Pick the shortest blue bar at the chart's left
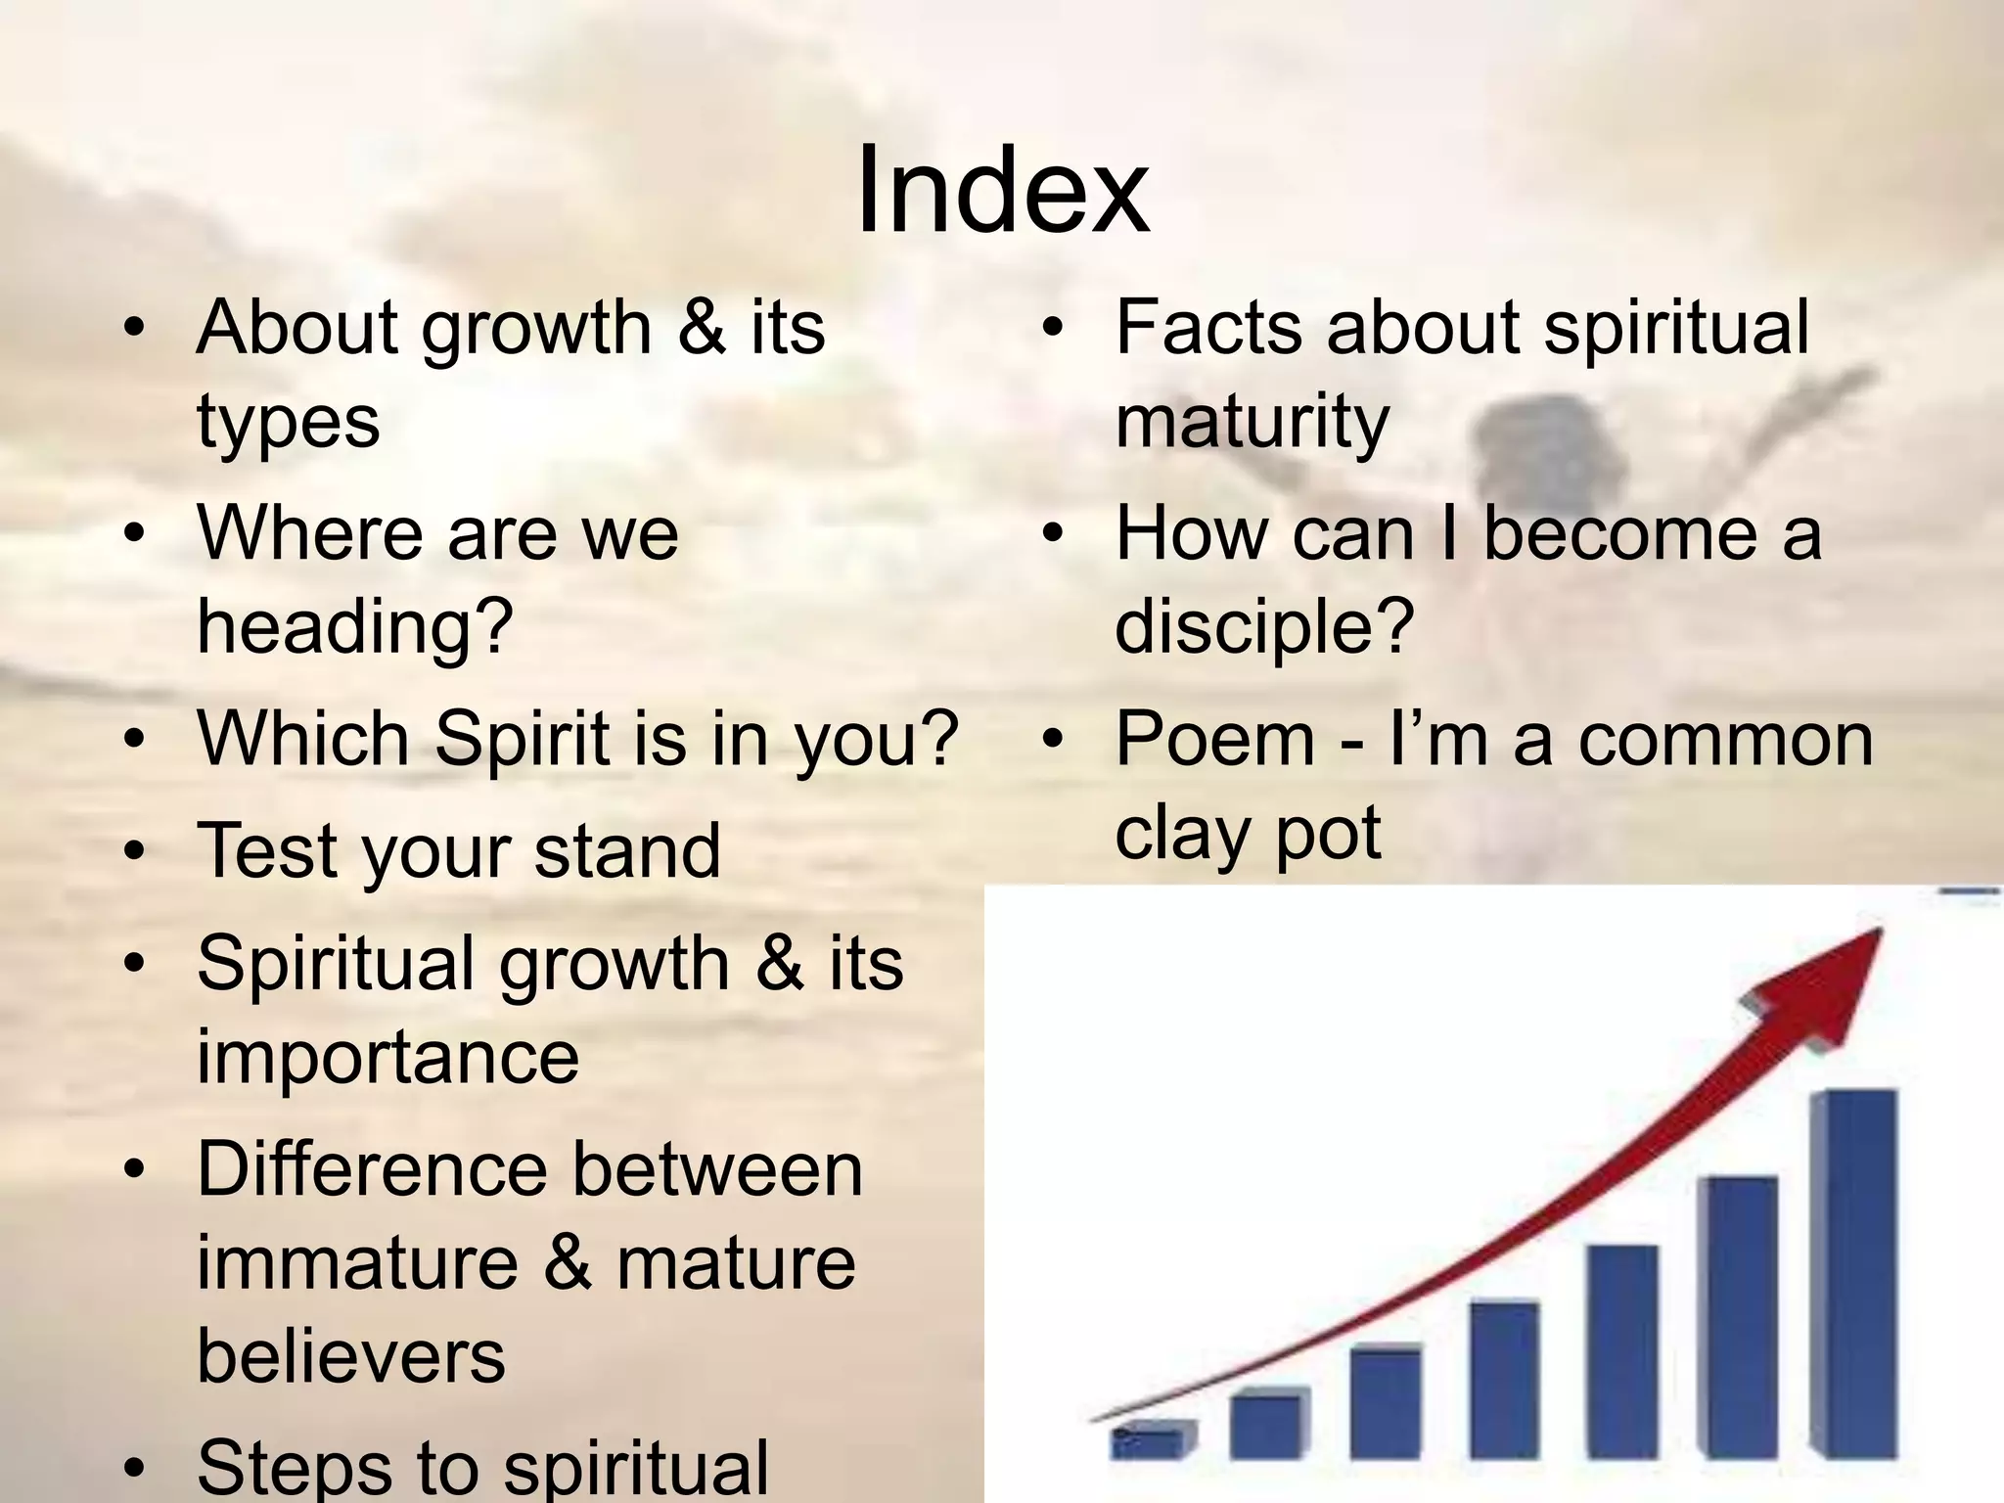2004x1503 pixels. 1153,1440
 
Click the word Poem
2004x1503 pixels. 1215,739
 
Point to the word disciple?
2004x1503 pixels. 1264,626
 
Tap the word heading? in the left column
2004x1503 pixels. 355,626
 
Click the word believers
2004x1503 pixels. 350,1356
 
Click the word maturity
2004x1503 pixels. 1252,421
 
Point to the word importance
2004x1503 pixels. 387,1057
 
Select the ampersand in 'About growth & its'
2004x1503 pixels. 701,327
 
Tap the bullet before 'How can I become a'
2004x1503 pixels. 1052,534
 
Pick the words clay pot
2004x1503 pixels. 1248,833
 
